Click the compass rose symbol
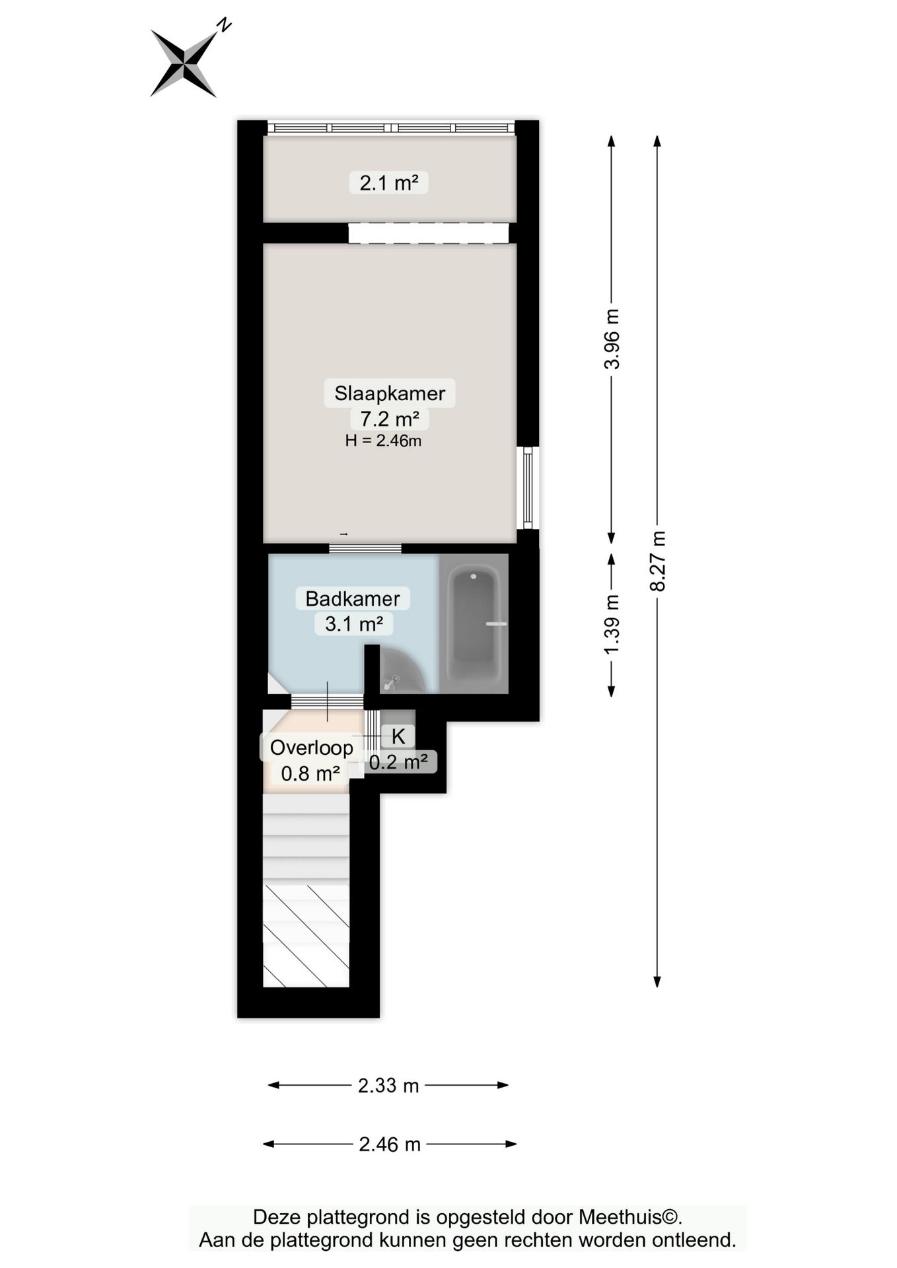tap(184, 64)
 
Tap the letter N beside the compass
tap(225, 25)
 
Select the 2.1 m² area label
tap(389, 182)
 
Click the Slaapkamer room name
tap(390, 393)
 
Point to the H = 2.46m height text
tap(383, 440)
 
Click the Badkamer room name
tap(353, 599)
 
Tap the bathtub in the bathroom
tap(473, 624)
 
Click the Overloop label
tap(312, 748)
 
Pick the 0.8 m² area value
tap(310, 773)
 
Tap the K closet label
tap(398, 736)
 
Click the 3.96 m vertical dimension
tap(612, 339)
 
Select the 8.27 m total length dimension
tap(657, 561)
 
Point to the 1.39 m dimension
tap(612, 625)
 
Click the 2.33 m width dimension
tap(388, 1085)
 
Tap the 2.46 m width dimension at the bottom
tap(390, 1144)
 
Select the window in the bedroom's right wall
tap(528, 488)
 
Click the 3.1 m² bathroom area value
tap(354, 623)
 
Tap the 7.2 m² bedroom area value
tap(390, 419)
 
